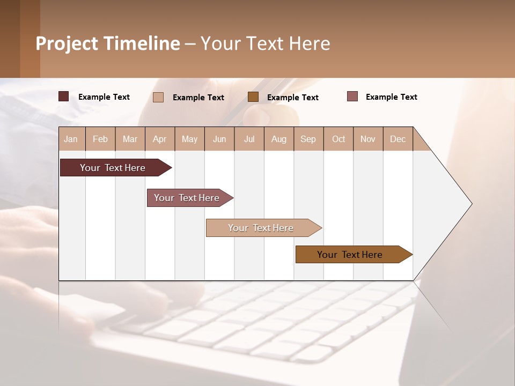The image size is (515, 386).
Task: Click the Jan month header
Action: (x=71, y=139)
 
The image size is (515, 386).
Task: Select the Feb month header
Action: (x=100, y=139)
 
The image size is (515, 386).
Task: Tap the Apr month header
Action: (x=159, y=139)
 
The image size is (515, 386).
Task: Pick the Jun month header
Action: (x=219, y=139)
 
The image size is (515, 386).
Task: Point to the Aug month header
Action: (x=279, y=139)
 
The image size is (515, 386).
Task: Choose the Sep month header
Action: (x=308, y=139)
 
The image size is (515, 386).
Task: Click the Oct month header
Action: (x=339, y=139)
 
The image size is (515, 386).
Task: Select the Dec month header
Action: (x=398, y=139)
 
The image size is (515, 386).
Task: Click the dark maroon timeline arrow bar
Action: (x=113, y=168)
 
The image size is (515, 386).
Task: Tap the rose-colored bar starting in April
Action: (x=187, y=198)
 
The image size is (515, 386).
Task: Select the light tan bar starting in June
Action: (x=261, y=228)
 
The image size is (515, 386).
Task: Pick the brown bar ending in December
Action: (x=350, y=255)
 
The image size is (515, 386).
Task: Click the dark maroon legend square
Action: (x=64, y=96)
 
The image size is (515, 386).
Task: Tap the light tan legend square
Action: (x=158, y=97)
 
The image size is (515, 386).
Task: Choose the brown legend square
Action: (x=253, y=97)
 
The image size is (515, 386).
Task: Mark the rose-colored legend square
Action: (x=352, y=96)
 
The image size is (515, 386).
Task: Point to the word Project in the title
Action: (x=67, y=43)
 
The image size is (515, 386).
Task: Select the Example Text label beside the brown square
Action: (x=292, y=98)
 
